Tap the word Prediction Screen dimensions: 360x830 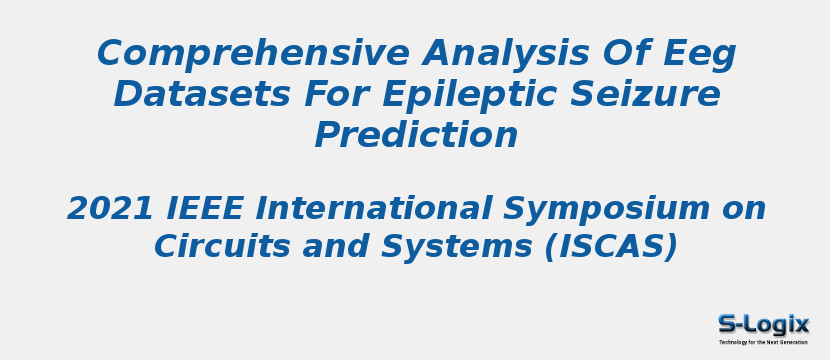(416, 135)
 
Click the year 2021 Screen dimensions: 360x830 (107, 209)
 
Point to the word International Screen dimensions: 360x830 (375, 209)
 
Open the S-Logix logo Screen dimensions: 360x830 (763, 323)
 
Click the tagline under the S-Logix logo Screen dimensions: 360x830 (763, 342)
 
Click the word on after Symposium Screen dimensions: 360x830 (743, 209)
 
